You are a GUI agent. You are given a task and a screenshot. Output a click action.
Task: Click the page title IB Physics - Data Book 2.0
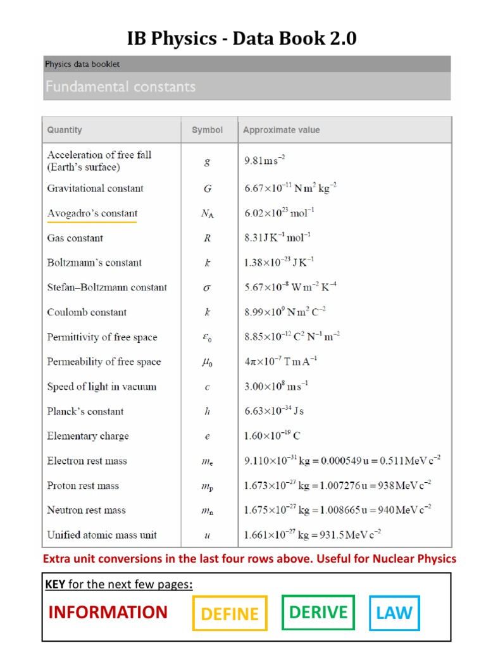242,39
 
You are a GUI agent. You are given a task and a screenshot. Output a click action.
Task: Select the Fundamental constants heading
120,87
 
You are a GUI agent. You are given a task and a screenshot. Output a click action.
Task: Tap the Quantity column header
65,130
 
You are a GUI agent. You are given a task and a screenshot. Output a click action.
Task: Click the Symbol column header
207,130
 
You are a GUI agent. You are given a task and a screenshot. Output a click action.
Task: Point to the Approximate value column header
282,130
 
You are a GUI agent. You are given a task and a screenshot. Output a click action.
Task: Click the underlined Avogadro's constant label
92,213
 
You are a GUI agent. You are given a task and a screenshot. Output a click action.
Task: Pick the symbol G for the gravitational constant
207,189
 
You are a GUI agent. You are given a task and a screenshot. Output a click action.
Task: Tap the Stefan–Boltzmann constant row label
107,287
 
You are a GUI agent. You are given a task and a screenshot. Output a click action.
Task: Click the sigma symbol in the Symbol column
207,288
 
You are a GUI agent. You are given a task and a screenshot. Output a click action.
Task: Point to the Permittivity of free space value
292,337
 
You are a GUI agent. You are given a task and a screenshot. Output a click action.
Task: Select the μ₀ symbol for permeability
207,363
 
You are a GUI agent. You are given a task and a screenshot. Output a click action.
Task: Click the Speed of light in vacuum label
101,387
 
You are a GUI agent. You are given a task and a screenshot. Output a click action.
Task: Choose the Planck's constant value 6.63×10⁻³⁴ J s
274,411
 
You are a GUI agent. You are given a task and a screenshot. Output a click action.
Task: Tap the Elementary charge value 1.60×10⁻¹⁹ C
272,436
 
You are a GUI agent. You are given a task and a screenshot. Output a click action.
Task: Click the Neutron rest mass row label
86,510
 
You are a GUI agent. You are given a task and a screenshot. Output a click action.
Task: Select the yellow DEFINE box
230,613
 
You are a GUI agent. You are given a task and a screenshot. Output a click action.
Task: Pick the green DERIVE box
318,612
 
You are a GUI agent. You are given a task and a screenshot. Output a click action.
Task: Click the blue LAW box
394,613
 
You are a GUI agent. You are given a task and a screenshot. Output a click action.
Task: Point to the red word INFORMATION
108,613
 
